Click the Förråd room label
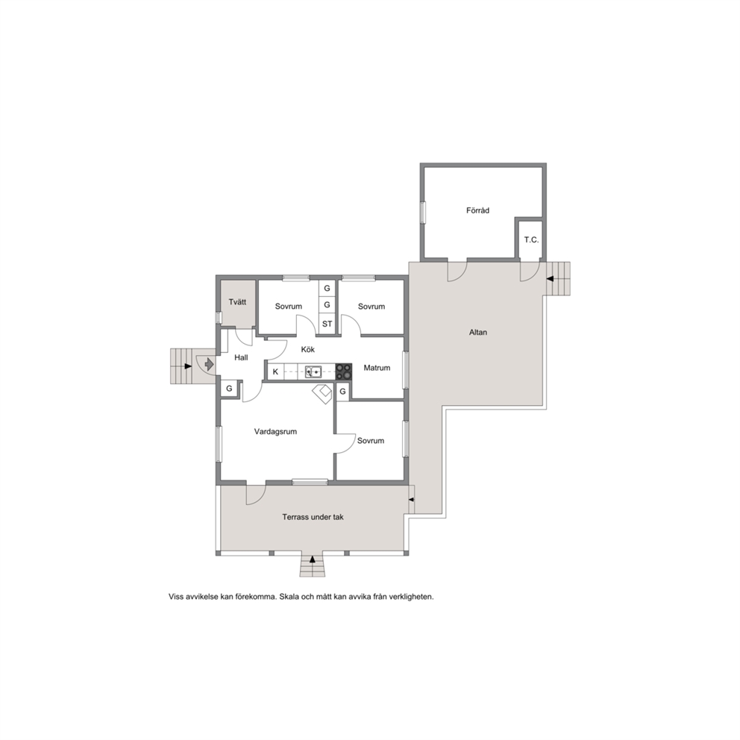[x=477, y=210]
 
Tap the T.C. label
[x=531, y=239]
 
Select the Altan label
[x=478, y=332]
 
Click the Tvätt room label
[x=237, y=302]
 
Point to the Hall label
[x=241, y=358]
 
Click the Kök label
[x=307, y=350]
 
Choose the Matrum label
[x=377, y=368]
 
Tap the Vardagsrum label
[x=275, y=431]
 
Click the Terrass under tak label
[x=313, y=517]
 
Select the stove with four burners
[x=344, y=371]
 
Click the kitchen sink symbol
[x=313, y=372]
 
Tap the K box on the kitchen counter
[x=275, y=372]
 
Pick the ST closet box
[x=327, y=324]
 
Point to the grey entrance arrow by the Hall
[x=209, y=364]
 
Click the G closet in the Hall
[x=229, y=389]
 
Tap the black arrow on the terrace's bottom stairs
[x=313, y=559]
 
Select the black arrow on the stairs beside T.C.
[x=550, y=279]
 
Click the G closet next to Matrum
[x=342, y=392]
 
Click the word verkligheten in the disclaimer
[x=412, y=597]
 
